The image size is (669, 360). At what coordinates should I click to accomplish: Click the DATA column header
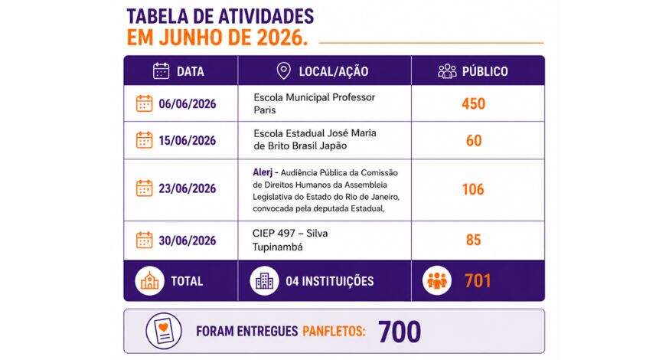pos(191,71)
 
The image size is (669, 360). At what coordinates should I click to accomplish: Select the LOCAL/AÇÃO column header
pos(334,71)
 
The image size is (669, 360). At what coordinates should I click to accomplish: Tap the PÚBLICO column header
pos(485,71)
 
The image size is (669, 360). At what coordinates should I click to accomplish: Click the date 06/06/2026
pos(188,103)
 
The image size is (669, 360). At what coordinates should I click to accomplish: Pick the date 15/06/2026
pos(188,140)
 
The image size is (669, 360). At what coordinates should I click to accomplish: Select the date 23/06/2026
pos(188,188)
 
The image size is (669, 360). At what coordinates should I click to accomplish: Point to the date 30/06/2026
pos(188,241)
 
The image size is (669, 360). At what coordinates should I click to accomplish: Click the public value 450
pos(474,103)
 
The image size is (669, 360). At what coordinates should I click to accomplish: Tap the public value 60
pos(474,140)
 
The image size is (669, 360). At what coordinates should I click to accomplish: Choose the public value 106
pos(473,189)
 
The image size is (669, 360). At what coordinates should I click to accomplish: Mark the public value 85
pos(474,240)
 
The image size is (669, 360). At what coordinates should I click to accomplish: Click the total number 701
pos(478,280)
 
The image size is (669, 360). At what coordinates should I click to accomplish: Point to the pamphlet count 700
pos(400,332)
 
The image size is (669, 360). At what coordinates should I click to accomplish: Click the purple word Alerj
pos(263,172)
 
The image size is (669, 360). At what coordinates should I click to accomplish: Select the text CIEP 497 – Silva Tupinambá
pos(290,240)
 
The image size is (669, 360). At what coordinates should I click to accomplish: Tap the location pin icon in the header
pos(284,71)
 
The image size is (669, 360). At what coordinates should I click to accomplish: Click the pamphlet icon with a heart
pos(164,331)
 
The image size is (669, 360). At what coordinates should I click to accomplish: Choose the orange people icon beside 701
pos(437,280)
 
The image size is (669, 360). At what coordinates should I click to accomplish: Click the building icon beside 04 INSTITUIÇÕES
pos(265,280)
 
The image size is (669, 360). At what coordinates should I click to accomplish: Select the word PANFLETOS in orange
pos(334,332)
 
